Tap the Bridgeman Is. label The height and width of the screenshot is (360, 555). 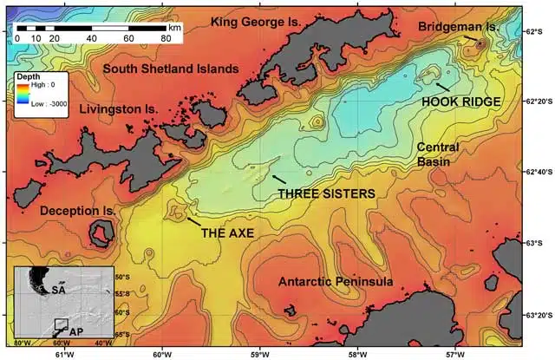point(459,28)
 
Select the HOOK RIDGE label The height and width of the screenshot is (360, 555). point(460,101)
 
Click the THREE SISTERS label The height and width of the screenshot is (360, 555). point(325,193)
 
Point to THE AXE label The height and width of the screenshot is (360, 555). point(226,232)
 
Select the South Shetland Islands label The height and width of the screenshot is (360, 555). point(170,68)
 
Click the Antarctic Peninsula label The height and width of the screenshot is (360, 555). point(336,282)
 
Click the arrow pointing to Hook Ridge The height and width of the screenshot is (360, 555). point(441,86)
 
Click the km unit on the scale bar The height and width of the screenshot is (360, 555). point(175,28)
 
